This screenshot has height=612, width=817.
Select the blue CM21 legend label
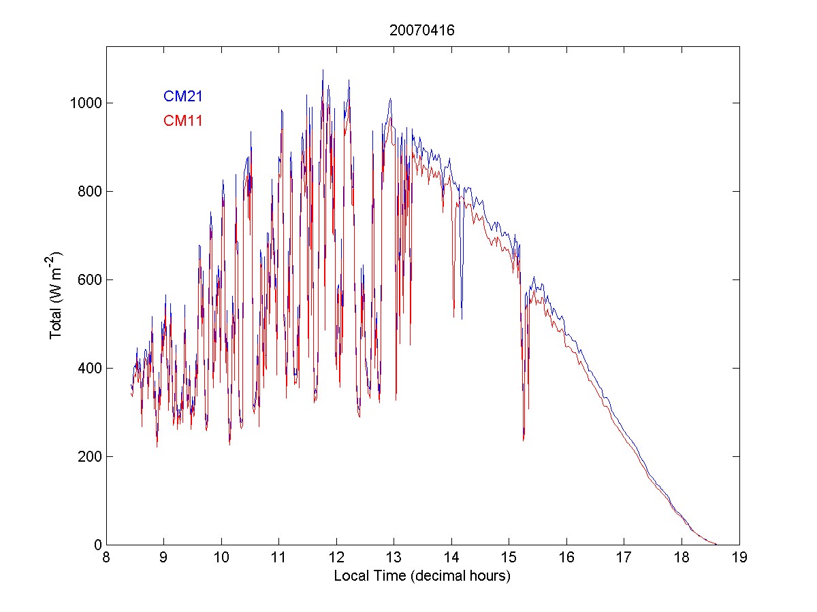182,97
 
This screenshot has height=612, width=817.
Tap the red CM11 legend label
182,121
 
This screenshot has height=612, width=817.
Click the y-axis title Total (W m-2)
56,296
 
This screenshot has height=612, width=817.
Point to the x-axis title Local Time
422,576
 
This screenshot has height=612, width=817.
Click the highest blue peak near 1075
323,70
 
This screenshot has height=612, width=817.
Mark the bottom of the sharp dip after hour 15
524,440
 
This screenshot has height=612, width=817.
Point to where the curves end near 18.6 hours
716,544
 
